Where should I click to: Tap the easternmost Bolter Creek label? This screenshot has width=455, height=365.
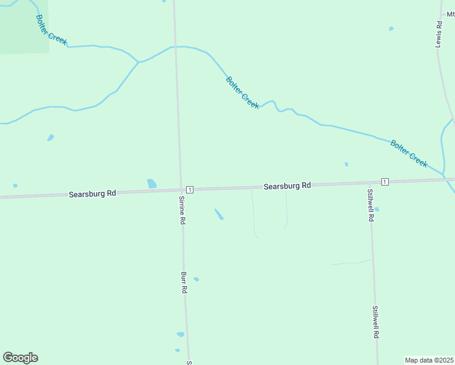pyautogui.click(x=409, y=154)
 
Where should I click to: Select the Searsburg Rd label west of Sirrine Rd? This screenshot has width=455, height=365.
pyautogui.click(x=92, y=194)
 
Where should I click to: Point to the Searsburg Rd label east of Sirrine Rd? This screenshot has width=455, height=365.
pyautogui.click(x=287, y=186)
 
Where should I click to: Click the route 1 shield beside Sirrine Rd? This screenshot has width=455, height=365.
pyautogui.click(x=190, y=190)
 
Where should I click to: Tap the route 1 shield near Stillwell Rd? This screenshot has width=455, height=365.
pyautogui.click(x=384, y=182)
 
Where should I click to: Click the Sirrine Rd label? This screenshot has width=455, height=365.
pyautogui.click(x=181, y=210)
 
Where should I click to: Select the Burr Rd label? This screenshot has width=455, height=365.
pyautogui.click(x=184, y=283)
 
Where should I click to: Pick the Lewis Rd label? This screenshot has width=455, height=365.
pyautogui.click(x=438, y=35)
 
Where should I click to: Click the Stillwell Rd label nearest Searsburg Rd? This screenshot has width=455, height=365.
pyautogui.click(x=370, y=205)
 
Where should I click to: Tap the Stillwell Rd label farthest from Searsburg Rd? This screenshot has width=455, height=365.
pyautogui.click(x=376, y=322)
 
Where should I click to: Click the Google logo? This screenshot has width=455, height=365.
pyautogui.click(x=20, y=358)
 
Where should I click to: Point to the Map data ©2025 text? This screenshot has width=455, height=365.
pyautogui.click(x=429, y=360)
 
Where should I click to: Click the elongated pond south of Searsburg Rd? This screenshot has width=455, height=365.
pyautogui.click(x=218, y=214)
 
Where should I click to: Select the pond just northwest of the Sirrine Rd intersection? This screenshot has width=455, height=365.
pyautogui.click(x=151, y=183)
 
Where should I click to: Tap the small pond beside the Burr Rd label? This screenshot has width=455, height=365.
pyautogui.click(x=196, y=279)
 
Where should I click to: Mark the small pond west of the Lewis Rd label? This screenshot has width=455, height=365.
pyautogui.click(x=391, y=29)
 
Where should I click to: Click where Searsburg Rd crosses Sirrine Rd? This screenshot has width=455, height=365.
pyautogui.click(x=181, y=190)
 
